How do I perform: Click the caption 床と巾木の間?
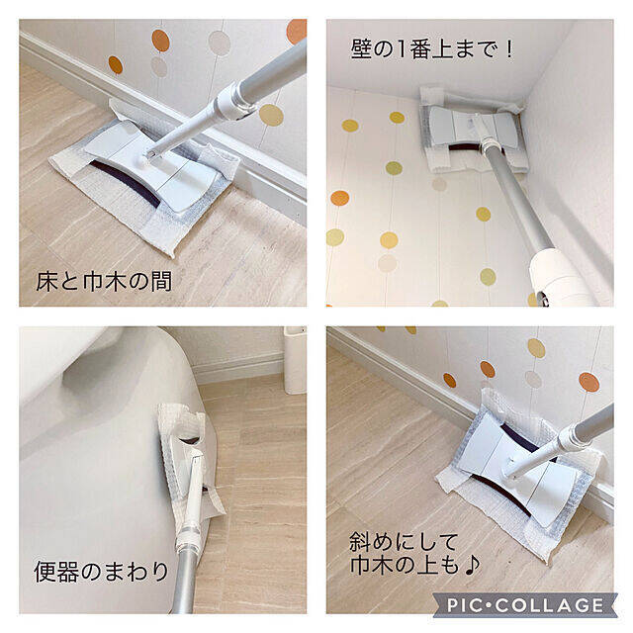(104, 281)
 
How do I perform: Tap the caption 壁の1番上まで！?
(432, 49)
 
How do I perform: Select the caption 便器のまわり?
(101, 571)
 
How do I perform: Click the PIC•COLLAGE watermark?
(525, 604)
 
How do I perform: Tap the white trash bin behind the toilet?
(295, 360)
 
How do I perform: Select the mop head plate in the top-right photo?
(473, 128)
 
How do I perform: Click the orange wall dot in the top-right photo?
(340, 198)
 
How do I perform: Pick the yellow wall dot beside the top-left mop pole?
(271, 115)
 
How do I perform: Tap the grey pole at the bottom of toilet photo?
(184, 582)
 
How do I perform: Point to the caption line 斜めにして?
(404, 542)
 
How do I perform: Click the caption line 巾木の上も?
(405, 565)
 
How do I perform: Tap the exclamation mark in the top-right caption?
(509, 49)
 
